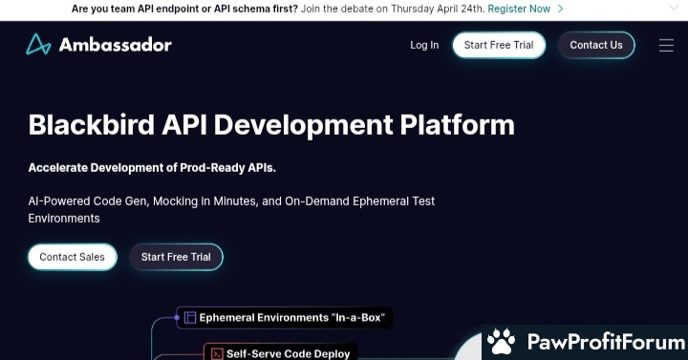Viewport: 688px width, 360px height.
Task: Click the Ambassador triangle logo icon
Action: tap(38, 44)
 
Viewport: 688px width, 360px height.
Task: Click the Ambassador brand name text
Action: tap(115, 45)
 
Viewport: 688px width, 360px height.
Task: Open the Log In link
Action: tap(424, 45)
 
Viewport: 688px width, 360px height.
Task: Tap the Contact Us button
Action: tap(596, 45)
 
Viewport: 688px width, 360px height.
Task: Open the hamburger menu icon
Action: tap(666, 45)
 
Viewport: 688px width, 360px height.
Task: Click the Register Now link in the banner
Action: tap(519, 9)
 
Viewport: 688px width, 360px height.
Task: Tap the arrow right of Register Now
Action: tap(560, 9)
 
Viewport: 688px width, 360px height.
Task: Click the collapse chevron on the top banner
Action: tap(674, 8)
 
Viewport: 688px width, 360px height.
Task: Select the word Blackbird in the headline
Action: tap(92, 124)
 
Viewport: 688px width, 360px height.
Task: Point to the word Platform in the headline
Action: tap(457, 124)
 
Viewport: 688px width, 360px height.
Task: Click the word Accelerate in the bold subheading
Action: tap(58, 168)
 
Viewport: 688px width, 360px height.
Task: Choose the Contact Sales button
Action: tap(73, 257)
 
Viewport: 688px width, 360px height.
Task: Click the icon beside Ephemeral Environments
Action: tap(189, 317)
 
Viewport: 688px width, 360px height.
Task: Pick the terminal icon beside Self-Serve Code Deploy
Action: tap(217, 354)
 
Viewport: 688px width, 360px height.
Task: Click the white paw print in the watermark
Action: tap(501, 341)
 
